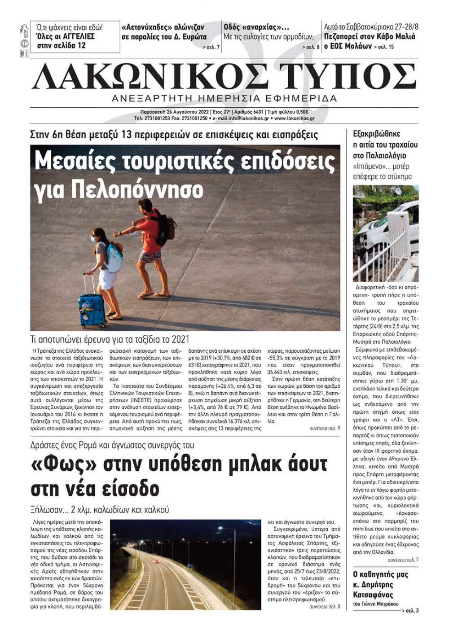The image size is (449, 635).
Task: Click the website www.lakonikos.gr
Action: click(x=295, y=119)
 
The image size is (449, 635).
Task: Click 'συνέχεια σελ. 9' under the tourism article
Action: click(x=324, y=429)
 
